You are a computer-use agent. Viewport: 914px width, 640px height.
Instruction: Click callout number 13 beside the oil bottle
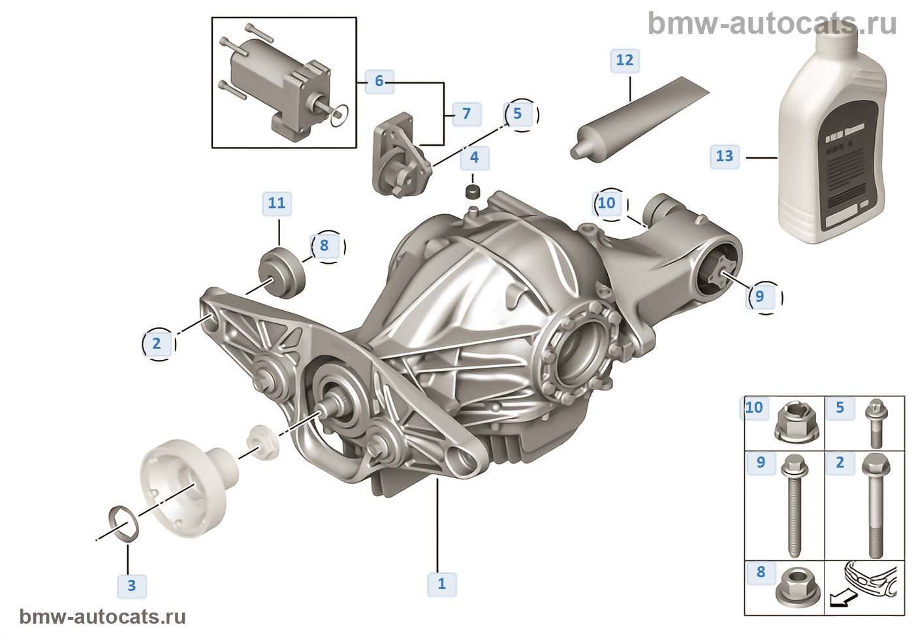[x=724, y=157]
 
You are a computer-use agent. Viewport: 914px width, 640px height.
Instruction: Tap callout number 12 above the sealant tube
[x=625, y=61]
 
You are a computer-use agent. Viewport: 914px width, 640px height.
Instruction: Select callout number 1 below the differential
[x=442, y=583]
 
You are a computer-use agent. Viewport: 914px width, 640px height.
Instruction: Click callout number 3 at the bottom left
[x=132, y=585]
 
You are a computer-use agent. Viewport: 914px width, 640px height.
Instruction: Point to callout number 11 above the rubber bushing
[x=277, y=204]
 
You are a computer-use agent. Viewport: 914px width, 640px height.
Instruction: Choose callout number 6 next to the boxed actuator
[x=379, y=81]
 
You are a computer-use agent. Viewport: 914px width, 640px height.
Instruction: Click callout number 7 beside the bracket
[x=466, y=114]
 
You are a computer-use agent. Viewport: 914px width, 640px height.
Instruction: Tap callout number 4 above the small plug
[x=475, y=157]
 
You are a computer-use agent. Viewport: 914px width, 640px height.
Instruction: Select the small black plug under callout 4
[x=473, y=193]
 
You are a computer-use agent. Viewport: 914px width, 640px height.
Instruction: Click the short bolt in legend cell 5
[x=875, y=424]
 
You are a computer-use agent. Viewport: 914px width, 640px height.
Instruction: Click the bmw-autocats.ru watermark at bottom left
[x=102, y=617]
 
